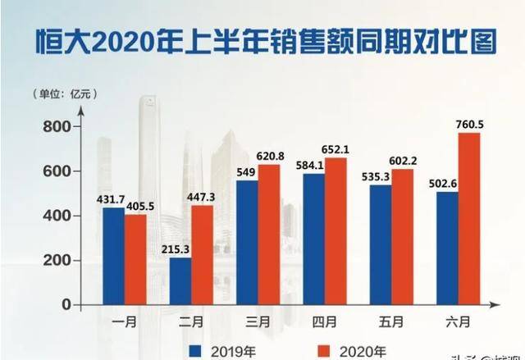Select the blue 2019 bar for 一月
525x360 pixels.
(113, 256)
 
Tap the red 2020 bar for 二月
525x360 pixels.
(201, 254)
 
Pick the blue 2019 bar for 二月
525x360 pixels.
(180, 280)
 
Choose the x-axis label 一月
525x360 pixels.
(125, 321)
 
